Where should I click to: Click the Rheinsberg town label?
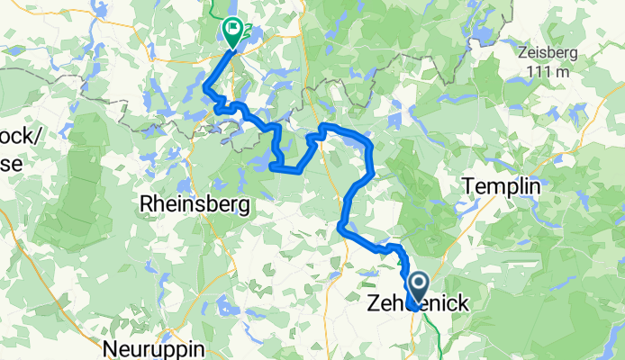[x=195, y=205]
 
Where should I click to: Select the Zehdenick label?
[x=419, y=304]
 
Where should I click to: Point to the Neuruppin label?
[x=154, y=348]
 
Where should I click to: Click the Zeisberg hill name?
[x=548, y=51]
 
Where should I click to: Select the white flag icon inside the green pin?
[x=232, y=29]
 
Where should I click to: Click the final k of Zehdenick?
[x=462, y=304]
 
